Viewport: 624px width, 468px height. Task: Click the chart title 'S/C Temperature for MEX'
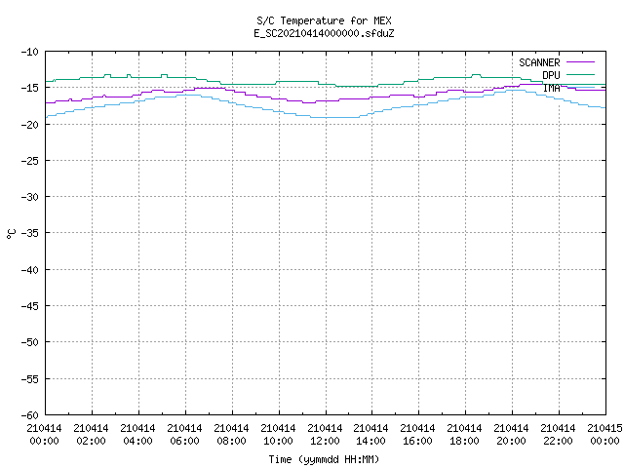(x=324, y=20)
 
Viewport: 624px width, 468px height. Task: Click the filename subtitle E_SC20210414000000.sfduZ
(x=324, y=33)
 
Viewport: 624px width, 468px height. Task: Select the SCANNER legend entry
(x=557, y=62)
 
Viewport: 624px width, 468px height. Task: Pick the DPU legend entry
(x=568, y=75)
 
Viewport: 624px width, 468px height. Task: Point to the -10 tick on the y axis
(x=30, y=52)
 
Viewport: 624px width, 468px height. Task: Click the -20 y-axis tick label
(x=30, y=125)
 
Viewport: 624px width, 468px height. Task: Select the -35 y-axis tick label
(x=30, y=233)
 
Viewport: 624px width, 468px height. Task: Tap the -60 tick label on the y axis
(x=30, y=415)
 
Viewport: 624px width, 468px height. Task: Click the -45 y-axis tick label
(x=30, y=306)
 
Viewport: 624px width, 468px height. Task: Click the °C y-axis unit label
(x=11, y=234)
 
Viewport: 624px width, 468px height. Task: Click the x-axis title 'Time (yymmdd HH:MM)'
(x=324, y=459)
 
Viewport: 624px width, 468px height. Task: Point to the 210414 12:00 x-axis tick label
(x=325, y=435)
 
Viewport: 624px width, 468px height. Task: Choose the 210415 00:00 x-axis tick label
(x=604, y=435)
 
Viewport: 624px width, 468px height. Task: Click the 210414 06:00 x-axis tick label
(x=184, y=435)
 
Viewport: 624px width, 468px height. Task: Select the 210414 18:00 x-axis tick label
(x=464, y=435)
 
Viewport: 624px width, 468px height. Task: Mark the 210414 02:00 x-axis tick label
(x=91, y=435)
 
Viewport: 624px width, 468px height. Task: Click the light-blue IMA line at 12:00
(x=326, y=117)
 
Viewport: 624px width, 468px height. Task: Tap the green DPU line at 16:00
(x=419, y=80)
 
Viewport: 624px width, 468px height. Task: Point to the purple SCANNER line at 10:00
(x=280, y=98)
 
